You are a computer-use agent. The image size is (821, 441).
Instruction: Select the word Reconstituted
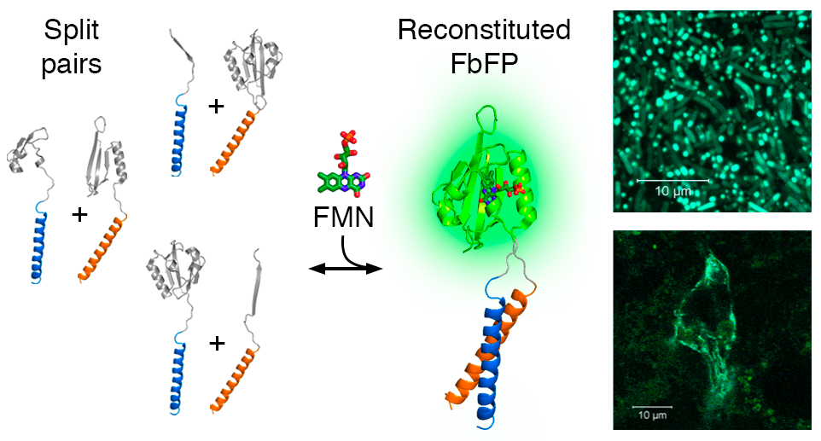[x=483, y=32]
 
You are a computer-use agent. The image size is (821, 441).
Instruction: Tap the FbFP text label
[x=483, y=63]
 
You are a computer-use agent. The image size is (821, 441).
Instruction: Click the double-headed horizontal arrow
[x=344, y=270]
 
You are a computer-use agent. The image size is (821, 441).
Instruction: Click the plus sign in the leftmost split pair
[x=79, y=213]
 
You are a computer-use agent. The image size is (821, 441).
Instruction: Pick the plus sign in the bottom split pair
[x=217, y=343]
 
